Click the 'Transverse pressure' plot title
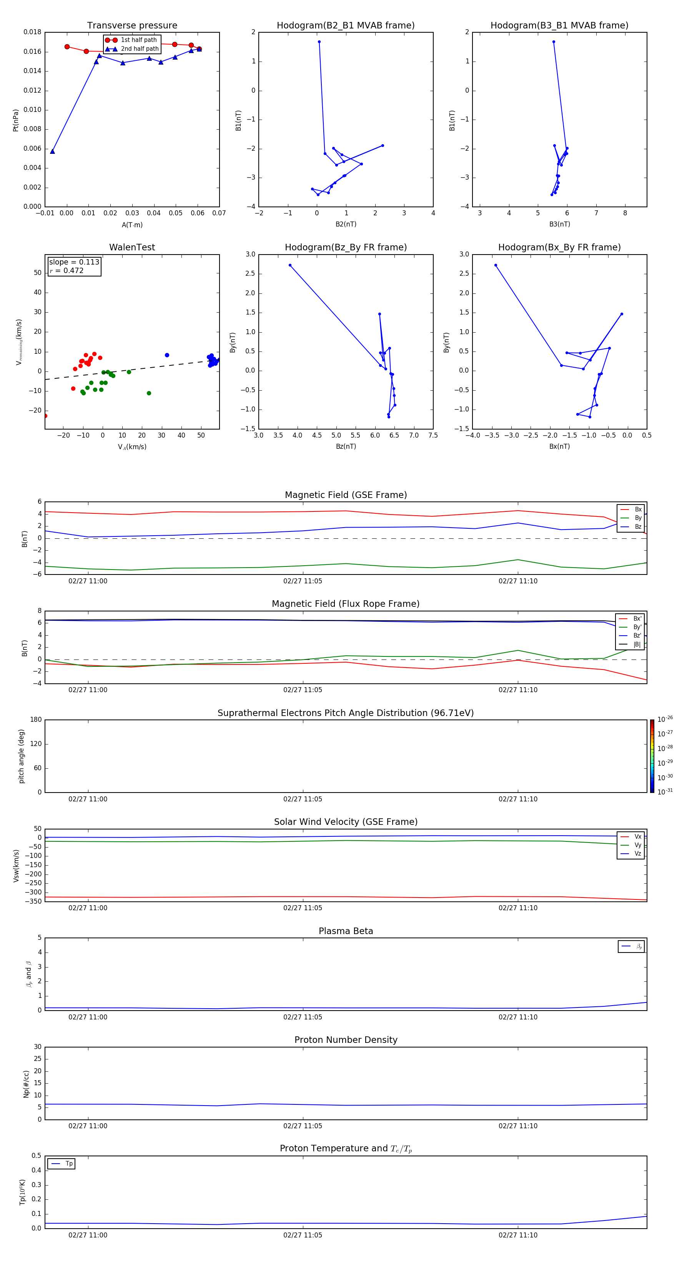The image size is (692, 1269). [132, 26]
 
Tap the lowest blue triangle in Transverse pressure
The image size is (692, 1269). [52, 151]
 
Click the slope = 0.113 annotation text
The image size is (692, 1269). [74, 262]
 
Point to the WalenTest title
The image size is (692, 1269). [132, 247]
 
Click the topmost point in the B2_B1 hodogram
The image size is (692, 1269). [319, 42]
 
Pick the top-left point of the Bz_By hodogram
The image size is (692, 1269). [290, 265]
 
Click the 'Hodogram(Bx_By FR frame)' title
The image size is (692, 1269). [559, 247]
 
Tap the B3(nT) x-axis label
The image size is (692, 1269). [559, 224]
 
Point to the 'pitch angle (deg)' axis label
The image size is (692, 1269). [21, 756]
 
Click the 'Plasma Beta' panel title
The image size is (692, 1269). [346, 931]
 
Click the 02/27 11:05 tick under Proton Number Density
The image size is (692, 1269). [303, 1126]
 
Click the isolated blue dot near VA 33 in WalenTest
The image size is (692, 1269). [167, 355]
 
